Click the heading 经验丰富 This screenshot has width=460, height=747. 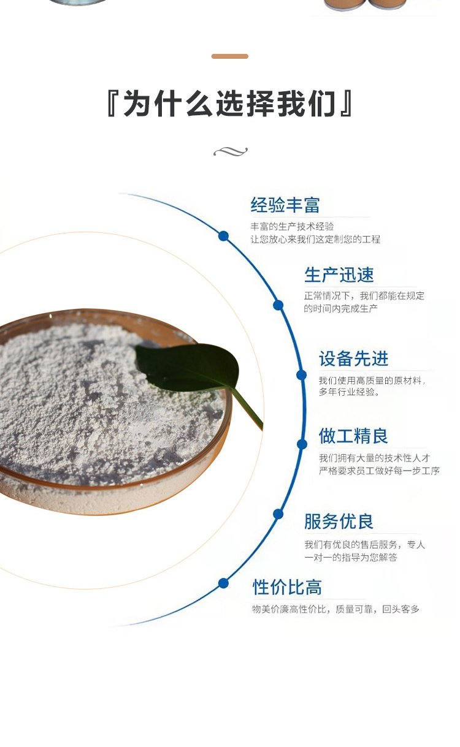coord(285,205)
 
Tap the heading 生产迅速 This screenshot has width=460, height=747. coord(339,275)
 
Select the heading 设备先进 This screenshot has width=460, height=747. coord(353,359)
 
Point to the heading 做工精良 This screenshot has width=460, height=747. coord(353,436)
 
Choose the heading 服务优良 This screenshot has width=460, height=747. coord(339,522)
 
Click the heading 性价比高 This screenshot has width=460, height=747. coord(287,588)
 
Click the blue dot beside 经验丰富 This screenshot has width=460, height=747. coord(223,236)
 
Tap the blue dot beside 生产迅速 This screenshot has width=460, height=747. coord(278,305)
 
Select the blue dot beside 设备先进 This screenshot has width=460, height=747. coord(301,375)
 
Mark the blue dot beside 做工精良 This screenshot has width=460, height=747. coord(302,444)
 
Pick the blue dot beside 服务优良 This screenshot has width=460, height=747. coord(278,514)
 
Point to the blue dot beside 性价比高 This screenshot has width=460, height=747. coord(223,583)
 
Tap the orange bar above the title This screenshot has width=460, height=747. coord(230,56)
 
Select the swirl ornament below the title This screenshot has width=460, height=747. coord(230,151)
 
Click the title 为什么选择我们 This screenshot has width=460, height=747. coord(230,104)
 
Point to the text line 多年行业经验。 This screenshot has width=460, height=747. coord(350,392)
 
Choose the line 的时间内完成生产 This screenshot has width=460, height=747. coord(341,309)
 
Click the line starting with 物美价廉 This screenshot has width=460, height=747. coord(335,609)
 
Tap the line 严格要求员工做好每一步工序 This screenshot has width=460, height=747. coord(379,471)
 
